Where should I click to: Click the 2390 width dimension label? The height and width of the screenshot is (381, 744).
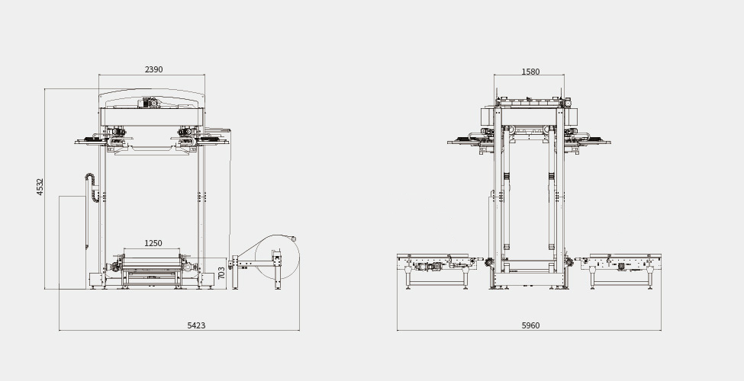click(153, 69)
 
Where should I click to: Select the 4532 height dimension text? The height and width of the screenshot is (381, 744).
click(40, 187)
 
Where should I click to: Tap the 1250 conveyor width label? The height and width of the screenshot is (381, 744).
click(153, 243)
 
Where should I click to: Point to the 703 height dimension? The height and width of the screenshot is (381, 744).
click(221, 272)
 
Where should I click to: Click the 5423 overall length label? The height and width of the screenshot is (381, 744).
click(196, 325)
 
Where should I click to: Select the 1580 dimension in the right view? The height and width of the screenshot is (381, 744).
click(530, 72)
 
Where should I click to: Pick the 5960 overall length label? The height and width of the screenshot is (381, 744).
click(530, 325)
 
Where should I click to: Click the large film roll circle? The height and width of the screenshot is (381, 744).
click(276, 258)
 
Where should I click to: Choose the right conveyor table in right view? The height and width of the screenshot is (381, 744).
click(620, 266)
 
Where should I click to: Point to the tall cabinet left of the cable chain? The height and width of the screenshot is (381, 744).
click(72, 242)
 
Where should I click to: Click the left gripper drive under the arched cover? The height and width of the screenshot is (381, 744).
click(115, 133)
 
